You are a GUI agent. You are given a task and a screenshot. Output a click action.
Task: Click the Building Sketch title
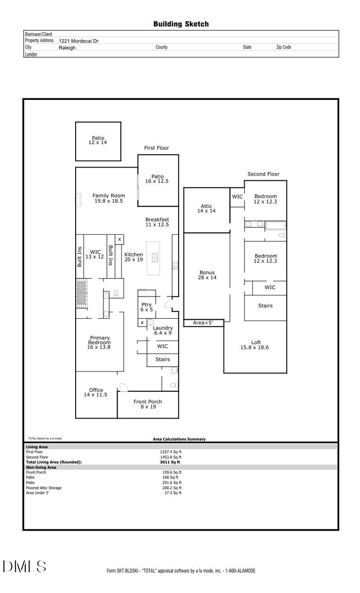180,24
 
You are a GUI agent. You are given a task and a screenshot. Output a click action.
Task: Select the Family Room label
108,198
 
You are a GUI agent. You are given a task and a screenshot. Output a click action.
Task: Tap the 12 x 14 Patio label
98,140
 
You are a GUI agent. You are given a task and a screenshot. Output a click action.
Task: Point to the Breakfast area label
157,222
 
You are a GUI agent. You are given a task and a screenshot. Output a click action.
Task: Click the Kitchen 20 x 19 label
134,257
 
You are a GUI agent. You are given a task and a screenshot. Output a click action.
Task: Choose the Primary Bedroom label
99,342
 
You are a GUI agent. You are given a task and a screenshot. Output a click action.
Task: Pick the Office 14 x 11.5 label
95,392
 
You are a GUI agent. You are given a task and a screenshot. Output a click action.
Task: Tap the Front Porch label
147,404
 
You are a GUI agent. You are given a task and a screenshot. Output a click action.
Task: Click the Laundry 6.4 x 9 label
162,331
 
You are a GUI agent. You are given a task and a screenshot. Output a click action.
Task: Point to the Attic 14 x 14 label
206,209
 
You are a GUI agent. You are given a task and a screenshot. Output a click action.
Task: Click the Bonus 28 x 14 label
207,275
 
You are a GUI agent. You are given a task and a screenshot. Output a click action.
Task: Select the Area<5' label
202,323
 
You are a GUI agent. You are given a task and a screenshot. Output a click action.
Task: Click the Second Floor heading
263,174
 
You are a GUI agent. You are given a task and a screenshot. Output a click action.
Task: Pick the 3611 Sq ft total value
170,462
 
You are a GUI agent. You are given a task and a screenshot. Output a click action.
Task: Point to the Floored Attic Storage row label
44,488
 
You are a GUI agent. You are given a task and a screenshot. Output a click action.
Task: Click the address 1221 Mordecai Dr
78,41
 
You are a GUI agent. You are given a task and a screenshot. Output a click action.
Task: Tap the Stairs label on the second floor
265,306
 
